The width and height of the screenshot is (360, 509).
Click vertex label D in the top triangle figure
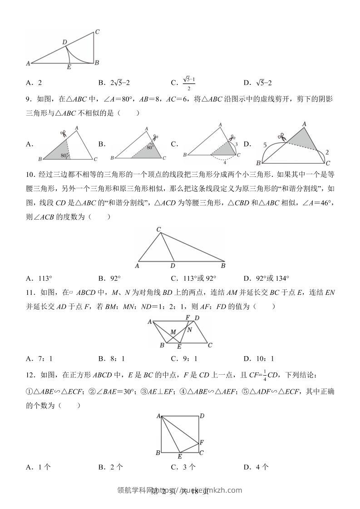coord(65,42)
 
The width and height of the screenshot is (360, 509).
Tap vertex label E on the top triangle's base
coord(69,68)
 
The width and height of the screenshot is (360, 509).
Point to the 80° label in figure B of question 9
coord(149,147)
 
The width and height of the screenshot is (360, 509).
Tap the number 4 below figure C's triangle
coord(224,162)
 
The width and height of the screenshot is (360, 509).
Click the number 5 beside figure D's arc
coord(265,145)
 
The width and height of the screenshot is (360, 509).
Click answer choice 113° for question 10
coord(45,279)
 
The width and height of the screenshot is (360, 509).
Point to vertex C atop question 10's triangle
coord(159,230)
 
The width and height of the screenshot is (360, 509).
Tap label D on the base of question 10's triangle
coord(173,267)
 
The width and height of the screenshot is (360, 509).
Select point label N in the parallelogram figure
coord(190,330)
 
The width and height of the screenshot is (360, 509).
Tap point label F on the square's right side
coord(202,441)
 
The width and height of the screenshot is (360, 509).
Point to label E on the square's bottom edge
coord(179,456)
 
